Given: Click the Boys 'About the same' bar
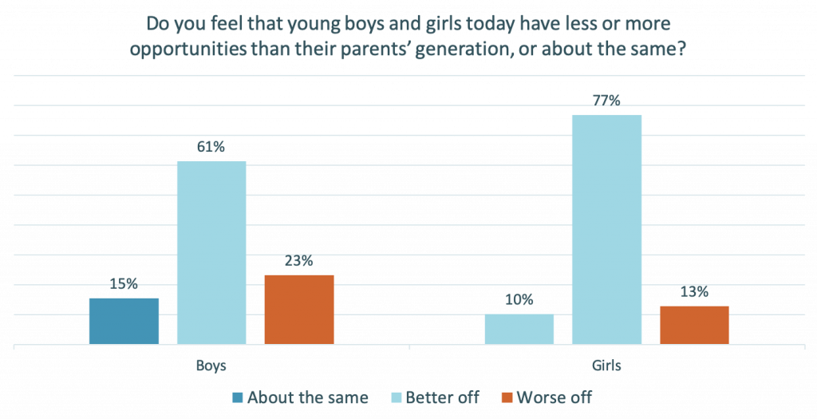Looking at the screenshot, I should [x=124, y=321].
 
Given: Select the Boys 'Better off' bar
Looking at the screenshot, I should [x=211, y=253].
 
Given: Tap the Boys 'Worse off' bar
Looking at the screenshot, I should [x=299, y=310].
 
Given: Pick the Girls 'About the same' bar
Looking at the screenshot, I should [x=519, y=330].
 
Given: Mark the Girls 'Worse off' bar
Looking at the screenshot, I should [x=694, y=325].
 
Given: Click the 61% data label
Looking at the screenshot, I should [x=211, y=147].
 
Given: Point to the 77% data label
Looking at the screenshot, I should [x=606, y=101].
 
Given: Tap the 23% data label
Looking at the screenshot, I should [x=299, y=260].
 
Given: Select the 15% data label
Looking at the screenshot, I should [x=124, y=283].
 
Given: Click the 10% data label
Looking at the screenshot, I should [x=519, y=300].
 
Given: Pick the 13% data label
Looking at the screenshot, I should [x=694, y=291].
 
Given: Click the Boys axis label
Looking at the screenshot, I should [x=211, y=366].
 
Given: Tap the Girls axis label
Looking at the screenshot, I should [x=607, y=366].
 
